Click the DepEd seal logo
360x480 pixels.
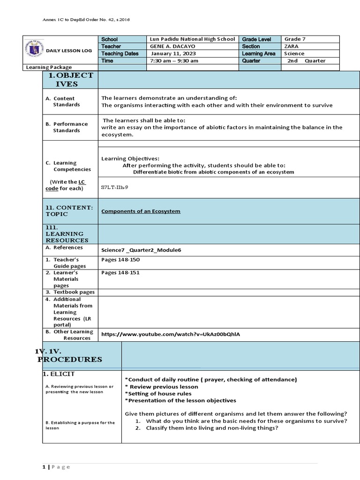click(33, 50)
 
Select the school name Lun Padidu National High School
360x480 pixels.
click(193, 39)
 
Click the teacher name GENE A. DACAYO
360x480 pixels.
click(173, 46)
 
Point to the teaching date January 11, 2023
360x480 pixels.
click(173, 53)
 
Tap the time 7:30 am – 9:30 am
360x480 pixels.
click(174, 61)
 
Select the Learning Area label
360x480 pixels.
click(259, 53)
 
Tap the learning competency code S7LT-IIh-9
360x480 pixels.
click(114, 187)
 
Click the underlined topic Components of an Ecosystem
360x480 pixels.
click(141, 211)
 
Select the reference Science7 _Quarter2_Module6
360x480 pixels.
click(141, 250)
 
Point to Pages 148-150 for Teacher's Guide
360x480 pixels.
click(120, 259)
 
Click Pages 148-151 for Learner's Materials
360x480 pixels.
click(120, 272)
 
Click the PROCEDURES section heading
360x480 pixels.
click(70, 359)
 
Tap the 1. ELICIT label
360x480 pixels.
click(59, 374)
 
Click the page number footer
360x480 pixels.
click(56, 467)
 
